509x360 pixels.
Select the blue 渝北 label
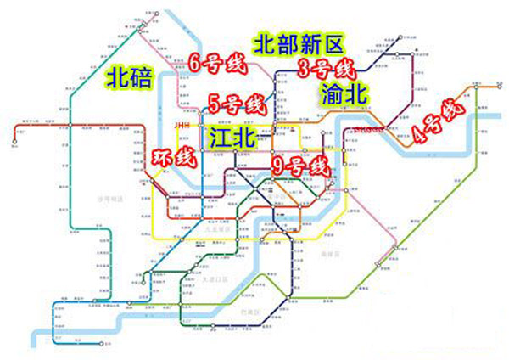[x=344, y=93]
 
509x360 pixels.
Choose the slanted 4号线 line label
[x=433, y=123]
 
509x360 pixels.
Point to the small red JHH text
[x=182, y=125]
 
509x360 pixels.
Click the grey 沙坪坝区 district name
[x=109, y=199]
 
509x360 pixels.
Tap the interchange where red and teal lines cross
[x=74, y=126]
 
